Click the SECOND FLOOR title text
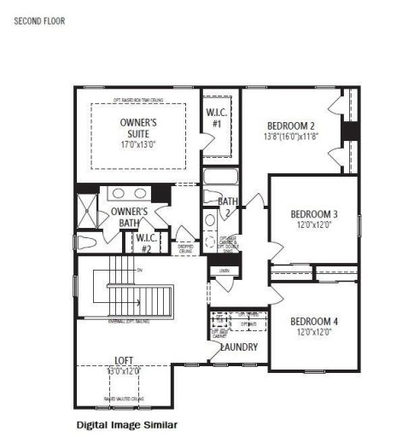38,19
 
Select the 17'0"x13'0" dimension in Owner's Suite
137,144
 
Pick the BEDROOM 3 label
314,213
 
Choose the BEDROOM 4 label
314,321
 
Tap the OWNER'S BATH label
129,217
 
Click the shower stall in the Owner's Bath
87,208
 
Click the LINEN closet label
224,271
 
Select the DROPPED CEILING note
185,249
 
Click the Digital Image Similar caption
126,423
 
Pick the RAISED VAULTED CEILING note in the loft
125,399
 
